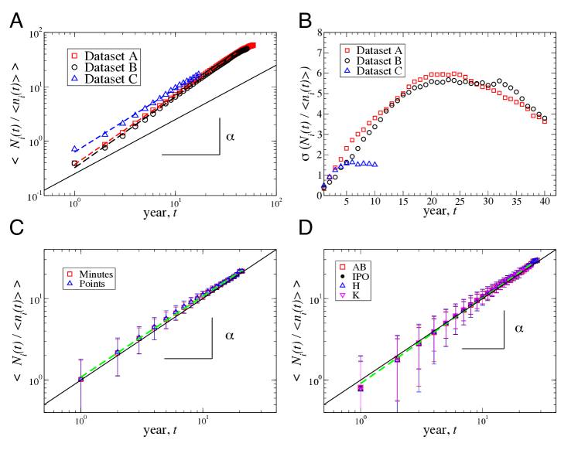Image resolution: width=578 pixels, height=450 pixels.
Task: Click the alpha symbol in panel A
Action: (229, 136)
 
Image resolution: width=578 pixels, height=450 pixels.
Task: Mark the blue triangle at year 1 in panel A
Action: (75, 148)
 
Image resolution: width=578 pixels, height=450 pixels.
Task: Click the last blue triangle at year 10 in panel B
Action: (375, 164)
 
